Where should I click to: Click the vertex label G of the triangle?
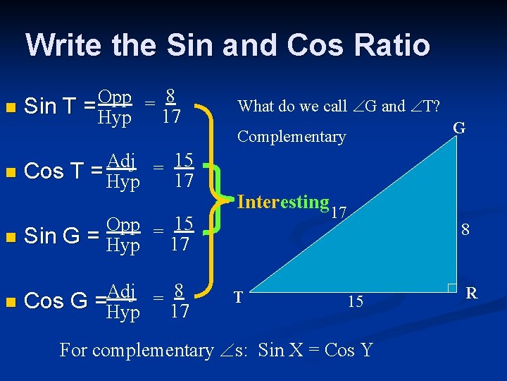458,128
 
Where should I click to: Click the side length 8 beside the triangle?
465,229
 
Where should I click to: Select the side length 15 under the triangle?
356,301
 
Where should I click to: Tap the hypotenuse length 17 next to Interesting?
340,211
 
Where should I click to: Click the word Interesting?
283,202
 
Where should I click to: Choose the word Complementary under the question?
292,136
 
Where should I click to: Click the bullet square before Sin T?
8,108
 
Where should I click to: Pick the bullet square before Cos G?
8,302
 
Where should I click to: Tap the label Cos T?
54,171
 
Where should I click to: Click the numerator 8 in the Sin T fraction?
170,95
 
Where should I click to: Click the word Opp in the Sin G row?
123,225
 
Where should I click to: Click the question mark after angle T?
437,106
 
